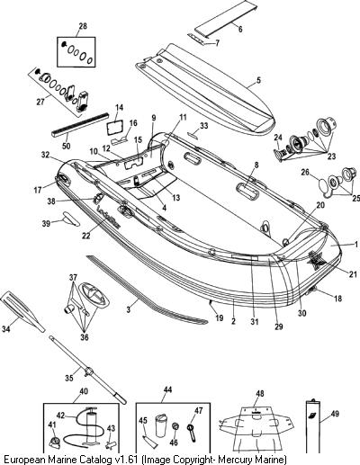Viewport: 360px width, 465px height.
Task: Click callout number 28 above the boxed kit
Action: point(83,26)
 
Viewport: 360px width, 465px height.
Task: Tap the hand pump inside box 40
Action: point(90,426)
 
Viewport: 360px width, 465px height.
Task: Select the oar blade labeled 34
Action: point(22,312)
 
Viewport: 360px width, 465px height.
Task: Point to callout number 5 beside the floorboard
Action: point(258,80)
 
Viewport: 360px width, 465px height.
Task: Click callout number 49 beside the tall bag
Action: point(335,414)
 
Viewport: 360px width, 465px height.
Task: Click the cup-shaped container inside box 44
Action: point(161,425)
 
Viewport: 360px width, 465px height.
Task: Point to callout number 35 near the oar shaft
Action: point(69,378)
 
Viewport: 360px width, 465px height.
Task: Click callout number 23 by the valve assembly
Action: point(331,156)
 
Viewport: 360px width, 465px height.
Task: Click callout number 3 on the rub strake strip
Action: point(129,309)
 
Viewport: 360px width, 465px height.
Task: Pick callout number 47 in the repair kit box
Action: point(198,410)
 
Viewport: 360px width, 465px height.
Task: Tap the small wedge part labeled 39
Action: point(71,219)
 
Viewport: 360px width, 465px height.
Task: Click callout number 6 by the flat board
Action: point(240,29)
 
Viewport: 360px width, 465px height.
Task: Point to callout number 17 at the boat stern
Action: point(38,190)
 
